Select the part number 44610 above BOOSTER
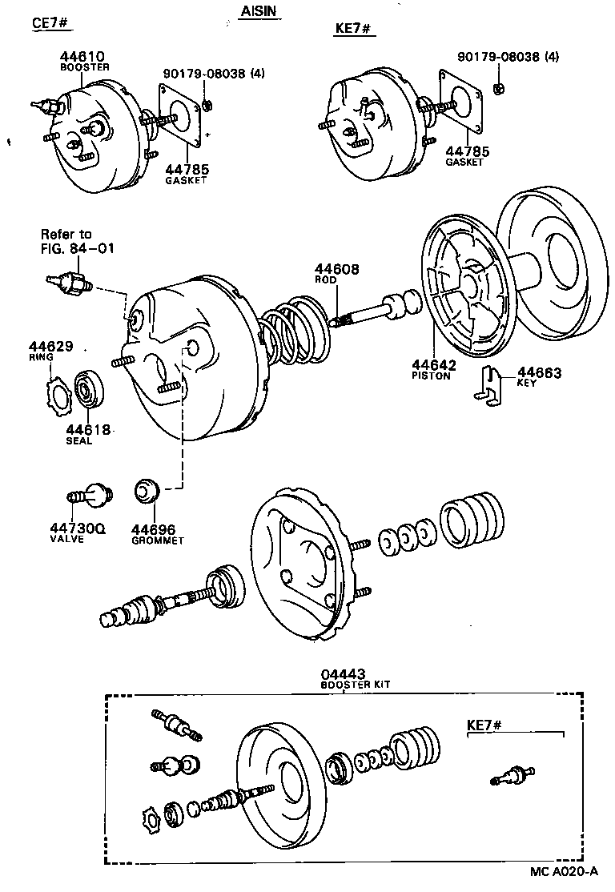point(82,57)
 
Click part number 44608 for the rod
point(336,271)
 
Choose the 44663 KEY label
point(539,372)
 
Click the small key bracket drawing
point(488,384)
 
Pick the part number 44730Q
point(79,529)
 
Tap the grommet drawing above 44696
point(147,490)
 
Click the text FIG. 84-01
point(78,248)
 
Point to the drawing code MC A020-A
point(565,873)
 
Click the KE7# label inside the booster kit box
point(484,725)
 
